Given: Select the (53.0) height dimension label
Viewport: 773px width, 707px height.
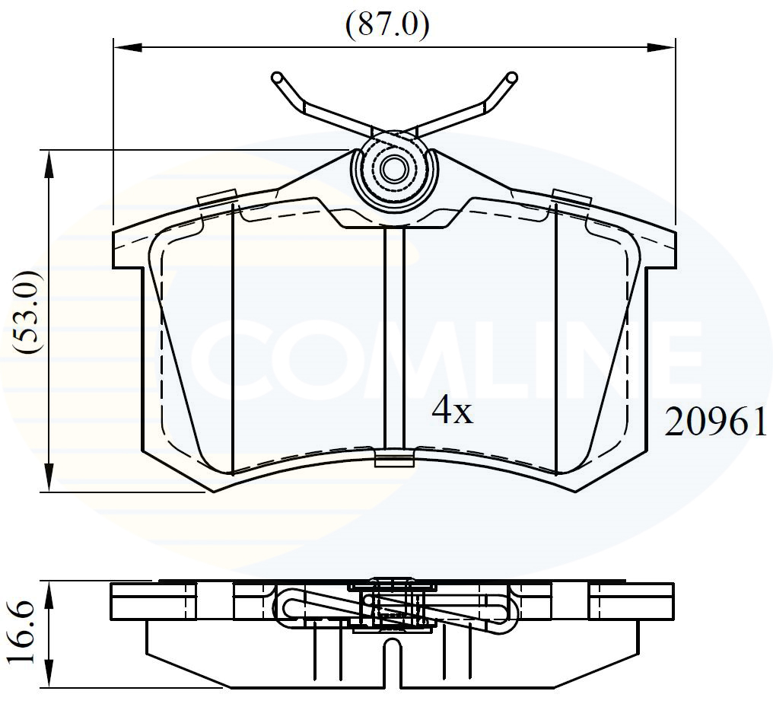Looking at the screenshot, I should tap(29, 313).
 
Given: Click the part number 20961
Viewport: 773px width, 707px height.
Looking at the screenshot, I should tap(716, 422).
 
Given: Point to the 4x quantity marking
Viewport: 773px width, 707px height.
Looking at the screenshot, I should tap(452, 412).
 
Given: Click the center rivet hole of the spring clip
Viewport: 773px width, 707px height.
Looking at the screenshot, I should tap(394, 169).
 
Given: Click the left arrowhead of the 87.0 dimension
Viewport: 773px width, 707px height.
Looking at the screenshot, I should tap(126, 47).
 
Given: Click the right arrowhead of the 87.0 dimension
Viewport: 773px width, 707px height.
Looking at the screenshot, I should tap(663, 47).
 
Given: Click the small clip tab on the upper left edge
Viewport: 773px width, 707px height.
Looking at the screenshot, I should tap(215, 197).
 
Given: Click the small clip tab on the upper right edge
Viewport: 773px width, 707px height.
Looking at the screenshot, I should tap(571, 196).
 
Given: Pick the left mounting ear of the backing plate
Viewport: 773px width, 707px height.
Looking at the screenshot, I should tap(128, 247).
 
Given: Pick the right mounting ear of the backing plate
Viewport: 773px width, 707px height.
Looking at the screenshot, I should tap(660, 247).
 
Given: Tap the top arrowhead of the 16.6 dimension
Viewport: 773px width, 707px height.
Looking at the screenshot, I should tap(49, 596).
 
